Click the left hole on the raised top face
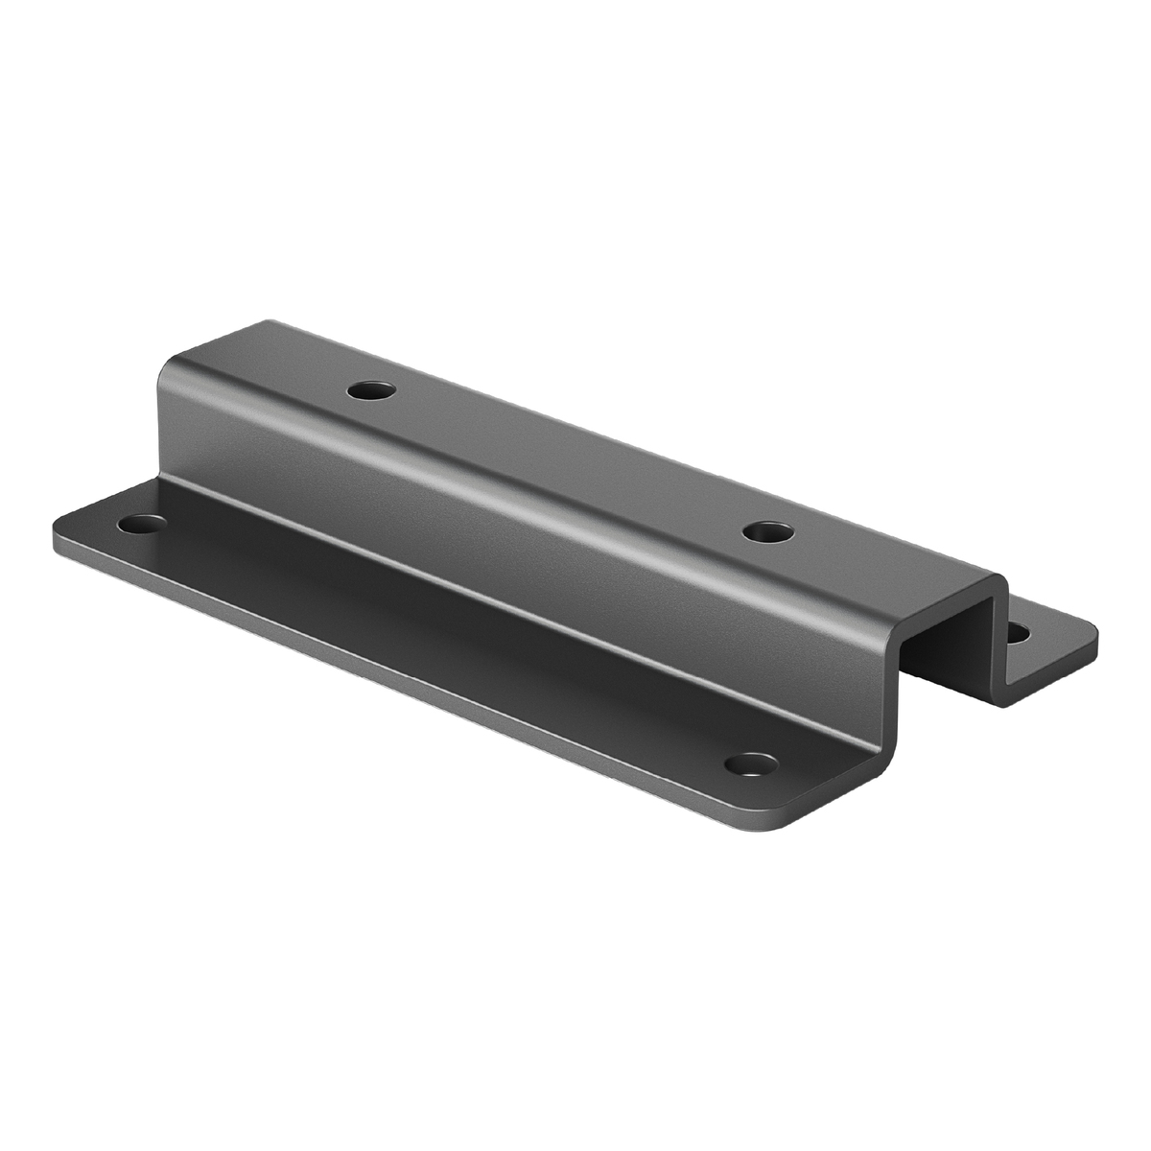[x=370, y=391]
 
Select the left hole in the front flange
[x=141, y=525]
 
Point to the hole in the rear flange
[x=1019, y=632]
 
